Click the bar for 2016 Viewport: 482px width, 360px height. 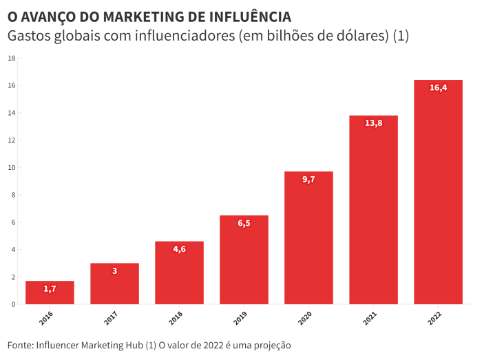click(50, 293)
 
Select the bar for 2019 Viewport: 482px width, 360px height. click(244, 260)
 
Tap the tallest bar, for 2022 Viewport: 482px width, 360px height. click(438, 193)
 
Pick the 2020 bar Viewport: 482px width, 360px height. click(308, 238)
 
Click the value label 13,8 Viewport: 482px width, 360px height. click(373, 123)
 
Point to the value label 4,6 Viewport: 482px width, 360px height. click(179, 249)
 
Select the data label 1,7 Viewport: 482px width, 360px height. click(50, 289)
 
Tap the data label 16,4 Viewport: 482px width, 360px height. click(438, 87)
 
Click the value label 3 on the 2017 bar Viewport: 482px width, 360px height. click(114, 271)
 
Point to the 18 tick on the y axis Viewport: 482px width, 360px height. click(12, 58)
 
